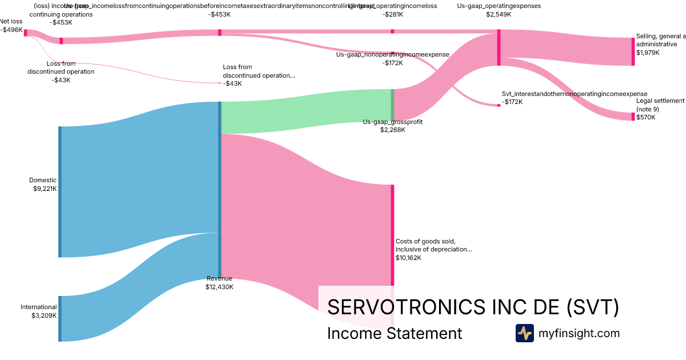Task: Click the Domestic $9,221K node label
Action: pyautogui.click(x=43, y=184)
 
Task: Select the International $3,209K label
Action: pyautogui.click(x=39, y=311)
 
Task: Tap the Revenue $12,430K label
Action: pyautogui.click(x=220, y=283)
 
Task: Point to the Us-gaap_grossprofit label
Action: pyautogui.click(x=393, y=126)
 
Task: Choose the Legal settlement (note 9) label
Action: pyautogui.click(x=660, y=109)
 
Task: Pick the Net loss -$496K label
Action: pyautogui.click(x=11, y=25)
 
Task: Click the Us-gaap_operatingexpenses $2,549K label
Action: pyautogui.click(x=498, y=10)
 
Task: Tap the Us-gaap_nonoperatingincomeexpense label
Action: pyautogui.click(x=393, y=58)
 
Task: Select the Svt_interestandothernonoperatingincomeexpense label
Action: pyautogui.click(x=574, y=97)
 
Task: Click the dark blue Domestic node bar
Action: pyautogui.click(x=59, y=191)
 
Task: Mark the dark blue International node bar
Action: pyautogui.click(x=59, y=318)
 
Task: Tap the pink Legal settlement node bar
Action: pyautogui.click(x=633, y=117)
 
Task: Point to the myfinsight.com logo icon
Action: pyautogui.click(x=524, y=333)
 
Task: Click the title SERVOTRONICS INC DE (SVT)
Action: pyautogui.click(x=473, y=307)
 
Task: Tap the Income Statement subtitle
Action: pyautogui.click(x=394, y=333)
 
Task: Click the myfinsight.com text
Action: pyautogui.click(x=579, y=333)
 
